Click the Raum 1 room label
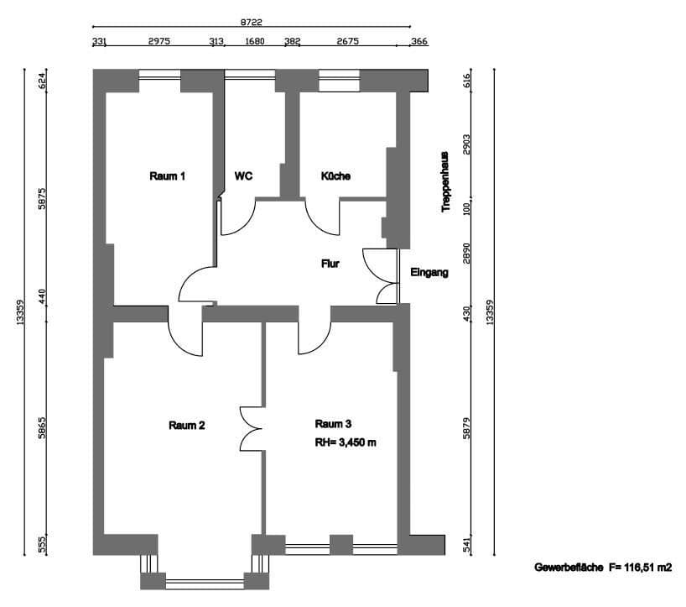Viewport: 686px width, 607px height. [167, 176]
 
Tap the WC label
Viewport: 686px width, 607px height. [244, 176]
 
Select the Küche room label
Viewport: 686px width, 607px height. [335, 176]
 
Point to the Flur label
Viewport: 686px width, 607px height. [330, 264]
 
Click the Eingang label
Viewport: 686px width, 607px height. [429, 272]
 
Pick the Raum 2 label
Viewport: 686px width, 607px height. [186, 425]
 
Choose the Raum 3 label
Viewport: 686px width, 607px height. [333, 423]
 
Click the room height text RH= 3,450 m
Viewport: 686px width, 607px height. [346, 442]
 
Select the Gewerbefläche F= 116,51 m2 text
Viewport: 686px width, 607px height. [603, 568]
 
